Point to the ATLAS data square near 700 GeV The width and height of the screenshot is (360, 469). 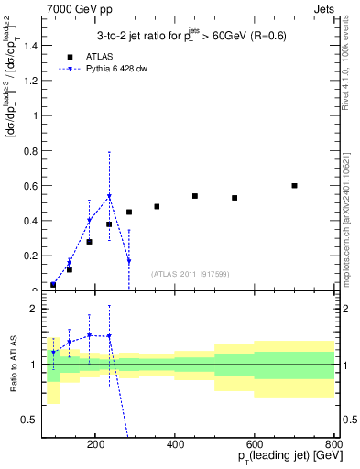294,185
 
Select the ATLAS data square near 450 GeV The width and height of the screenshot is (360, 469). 195,196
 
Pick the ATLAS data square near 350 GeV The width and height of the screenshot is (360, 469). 157,206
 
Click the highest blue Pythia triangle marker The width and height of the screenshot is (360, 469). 109,196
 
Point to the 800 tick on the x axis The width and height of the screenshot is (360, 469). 333,442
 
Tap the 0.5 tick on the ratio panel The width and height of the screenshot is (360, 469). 30,420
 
